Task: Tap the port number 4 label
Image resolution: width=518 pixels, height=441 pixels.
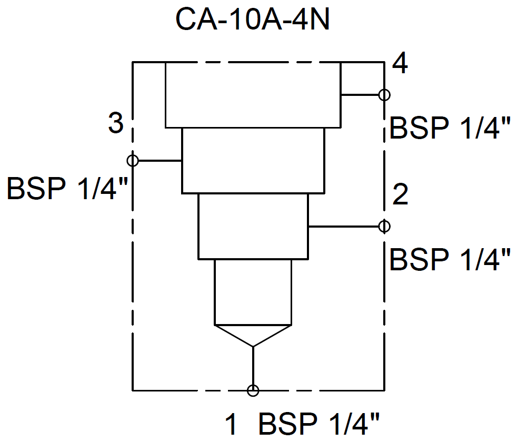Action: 400,65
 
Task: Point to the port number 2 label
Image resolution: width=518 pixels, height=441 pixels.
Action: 400,195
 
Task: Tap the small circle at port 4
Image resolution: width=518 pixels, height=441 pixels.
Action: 384,95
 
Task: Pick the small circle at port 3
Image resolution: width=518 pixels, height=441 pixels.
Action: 133,160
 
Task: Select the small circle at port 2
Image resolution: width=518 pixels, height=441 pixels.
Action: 384,226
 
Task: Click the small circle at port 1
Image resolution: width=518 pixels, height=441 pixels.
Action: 253,390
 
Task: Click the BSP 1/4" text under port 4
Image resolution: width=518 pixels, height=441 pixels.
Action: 450,128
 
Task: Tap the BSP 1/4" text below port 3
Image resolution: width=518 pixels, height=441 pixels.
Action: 68,189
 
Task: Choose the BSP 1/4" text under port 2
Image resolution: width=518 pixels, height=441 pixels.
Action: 450,260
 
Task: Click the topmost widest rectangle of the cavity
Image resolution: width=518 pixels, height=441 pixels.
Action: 253,95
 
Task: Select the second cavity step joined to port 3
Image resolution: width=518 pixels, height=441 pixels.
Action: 253,160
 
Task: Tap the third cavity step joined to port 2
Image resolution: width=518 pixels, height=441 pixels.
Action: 253,226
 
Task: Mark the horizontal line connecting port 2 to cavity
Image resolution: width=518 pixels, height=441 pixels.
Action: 345,227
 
